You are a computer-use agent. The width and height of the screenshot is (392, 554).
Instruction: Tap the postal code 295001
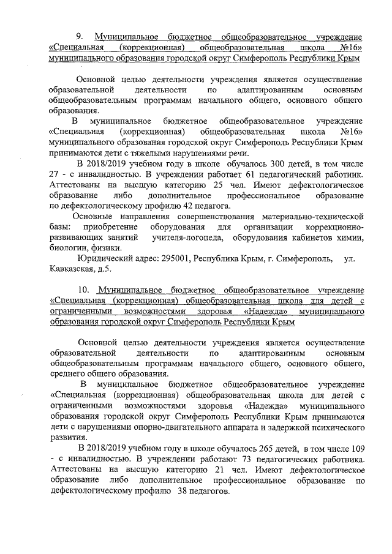(x=175, y=259)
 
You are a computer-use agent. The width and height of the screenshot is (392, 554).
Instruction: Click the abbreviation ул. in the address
(x=350, y=259)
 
